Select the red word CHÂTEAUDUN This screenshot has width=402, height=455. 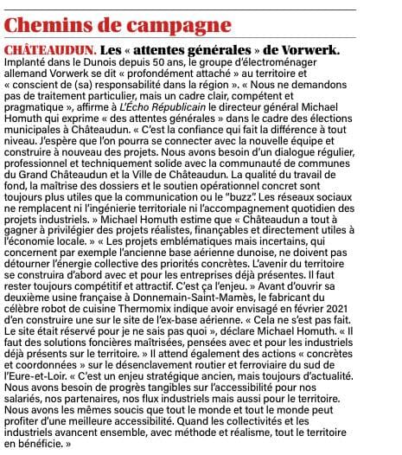[51, 48]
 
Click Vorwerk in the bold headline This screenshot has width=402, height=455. [309, 48]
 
